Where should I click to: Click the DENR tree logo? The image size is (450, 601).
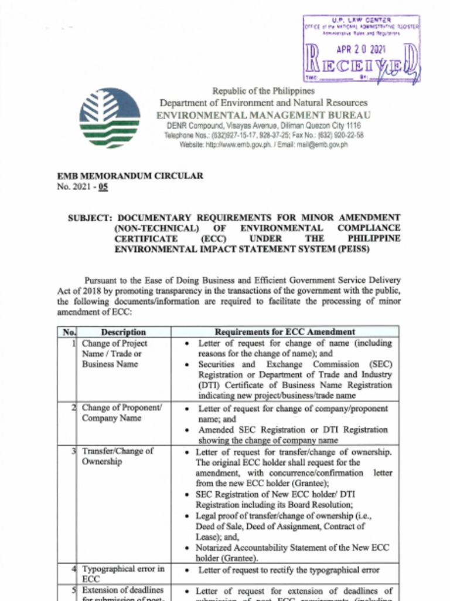pos(110,117)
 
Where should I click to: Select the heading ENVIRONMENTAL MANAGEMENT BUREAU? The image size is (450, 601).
pos(263,115)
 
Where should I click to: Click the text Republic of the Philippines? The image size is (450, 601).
pos(263,91)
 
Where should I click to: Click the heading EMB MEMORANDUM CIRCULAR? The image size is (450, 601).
pos(130,176)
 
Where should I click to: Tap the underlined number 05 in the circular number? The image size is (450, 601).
pos(103,187)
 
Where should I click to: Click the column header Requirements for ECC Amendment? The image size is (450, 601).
pos(285,332)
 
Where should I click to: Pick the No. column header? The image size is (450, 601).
pos(69,332)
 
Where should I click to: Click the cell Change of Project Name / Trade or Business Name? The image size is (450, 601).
pos(114,354)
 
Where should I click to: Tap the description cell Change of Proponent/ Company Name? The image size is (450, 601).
pos(121,413)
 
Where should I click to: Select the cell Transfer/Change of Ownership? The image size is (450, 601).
pos(117,457)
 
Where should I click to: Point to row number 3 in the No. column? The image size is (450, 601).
pos(73,451)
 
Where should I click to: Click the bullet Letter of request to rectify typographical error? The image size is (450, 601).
pos(288,570)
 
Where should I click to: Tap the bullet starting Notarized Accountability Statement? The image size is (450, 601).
pos(292,552)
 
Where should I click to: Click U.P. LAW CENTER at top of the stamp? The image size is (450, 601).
pos(361,21)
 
